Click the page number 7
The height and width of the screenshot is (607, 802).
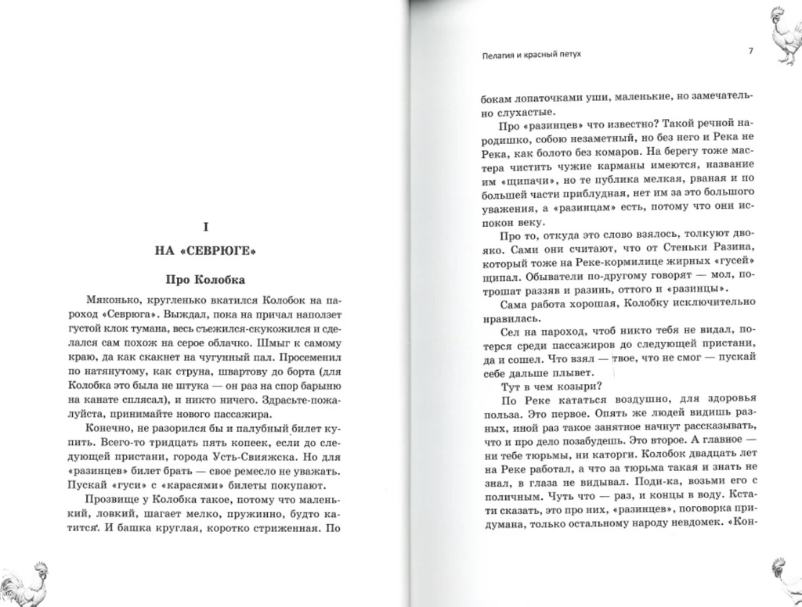[x=750, y=52]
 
